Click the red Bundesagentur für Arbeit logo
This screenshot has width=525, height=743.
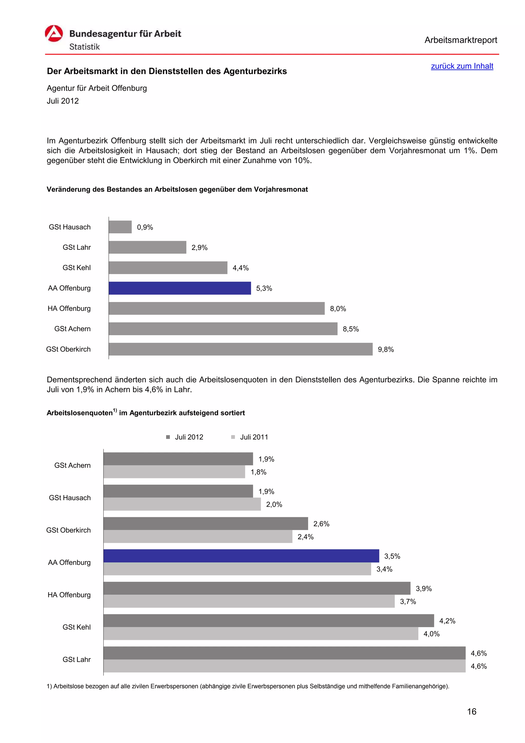coord(54,33)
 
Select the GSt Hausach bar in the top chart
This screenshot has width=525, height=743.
coord(120,227)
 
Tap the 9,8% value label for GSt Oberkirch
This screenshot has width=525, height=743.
coord(386,349)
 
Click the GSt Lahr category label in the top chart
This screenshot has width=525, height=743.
coord(77,247)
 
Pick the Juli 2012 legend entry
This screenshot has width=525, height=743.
coord(189,437)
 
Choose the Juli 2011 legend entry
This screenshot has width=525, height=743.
coord(254,437)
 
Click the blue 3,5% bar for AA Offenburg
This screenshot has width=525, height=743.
coord(241,556)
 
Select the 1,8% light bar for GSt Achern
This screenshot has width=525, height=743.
coord(174,472)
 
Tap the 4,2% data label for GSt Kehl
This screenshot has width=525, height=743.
coord(447,621)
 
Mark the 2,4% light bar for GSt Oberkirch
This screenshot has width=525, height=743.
coord(198,537)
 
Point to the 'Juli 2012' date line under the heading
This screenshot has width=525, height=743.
coord(63,101)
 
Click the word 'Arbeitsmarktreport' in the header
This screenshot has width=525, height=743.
coord(461,40)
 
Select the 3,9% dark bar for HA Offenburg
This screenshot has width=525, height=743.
coord(257,588)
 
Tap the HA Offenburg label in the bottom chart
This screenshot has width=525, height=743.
coord(69,595)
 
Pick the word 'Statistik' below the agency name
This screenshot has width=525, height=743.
coord(84,47)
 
